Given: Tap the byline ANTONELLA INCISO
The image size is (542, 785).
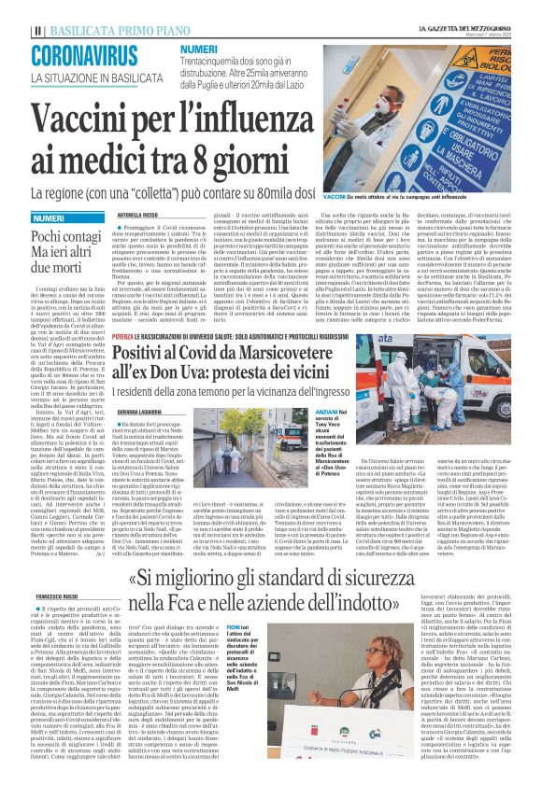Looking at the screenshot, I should pyautogui.click(x=137, y=214).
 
